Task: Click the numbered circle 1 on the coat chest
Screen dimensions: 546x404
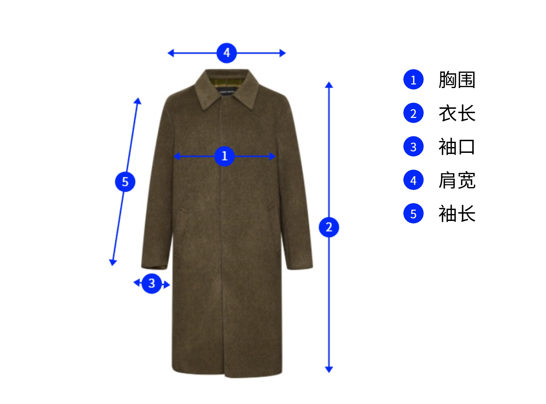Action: click(225, 156)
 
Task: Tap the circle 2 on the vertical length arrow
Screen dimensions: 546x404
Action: click(329, 227)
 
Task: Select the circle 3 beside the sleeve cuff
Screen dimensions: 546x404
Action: click(152, 283)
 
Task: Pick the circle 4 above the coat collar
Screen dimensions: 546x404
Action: click(226, 53)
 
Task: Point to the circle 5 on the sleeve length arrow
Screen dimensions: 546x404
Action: click(125, 182)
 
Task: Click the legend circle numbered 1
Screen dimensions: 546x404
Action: click(414, 80)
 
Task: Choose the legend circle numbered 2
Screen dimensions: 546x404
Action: click(414, 113)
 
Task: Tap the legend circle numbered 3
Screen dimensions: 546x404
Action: click(414, 147)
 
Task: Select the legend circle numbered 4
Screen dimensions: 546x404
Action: click(414, 180)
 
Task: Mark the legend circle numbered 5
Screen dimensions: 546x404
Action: click(414, 214)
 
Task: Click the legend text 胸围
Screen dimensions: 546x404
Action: click(457, 80)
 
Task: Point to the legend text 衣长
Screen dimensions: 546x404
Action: click(457, 113)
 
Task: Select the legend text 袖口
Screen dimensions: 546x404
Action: click(457, 147)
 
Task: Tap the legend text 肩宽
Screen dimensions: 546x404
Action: click(457, 180)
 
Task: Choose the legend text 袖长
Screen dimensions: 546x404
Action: click(457, 214)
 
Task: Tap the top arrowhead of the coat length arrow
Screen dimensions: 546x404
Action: click(329, 85)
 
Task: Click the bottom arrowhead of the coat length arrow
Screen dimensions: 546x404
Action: click(329, 369)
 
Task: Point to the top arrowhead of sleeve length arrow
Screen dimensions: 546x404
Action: click(138, 101)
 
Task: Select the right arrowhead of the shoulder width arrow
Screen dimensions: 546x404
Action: click(282, 53)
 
